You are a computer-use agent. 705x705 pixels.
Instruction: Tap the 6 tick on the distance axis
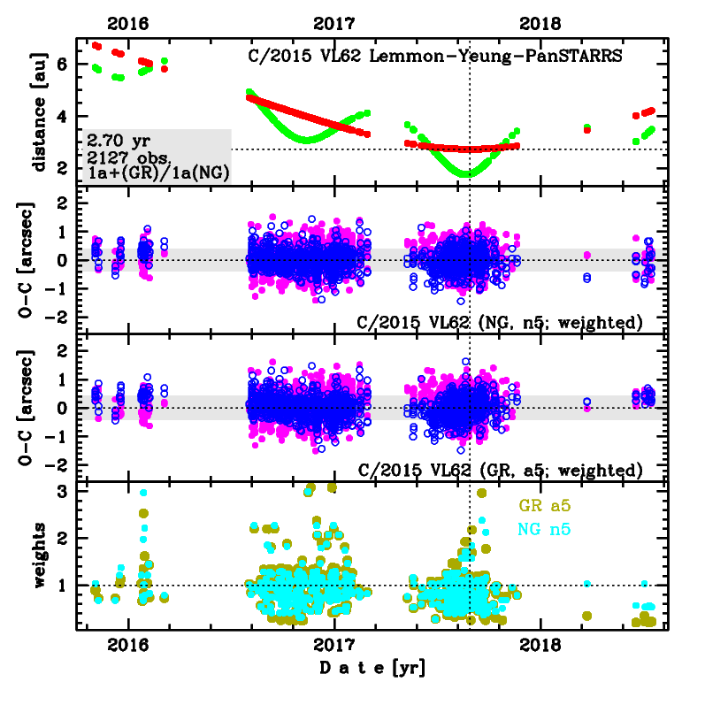(63, 65)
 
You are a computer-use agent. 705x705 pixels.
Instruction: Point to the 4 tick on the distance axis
(63, 116)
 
